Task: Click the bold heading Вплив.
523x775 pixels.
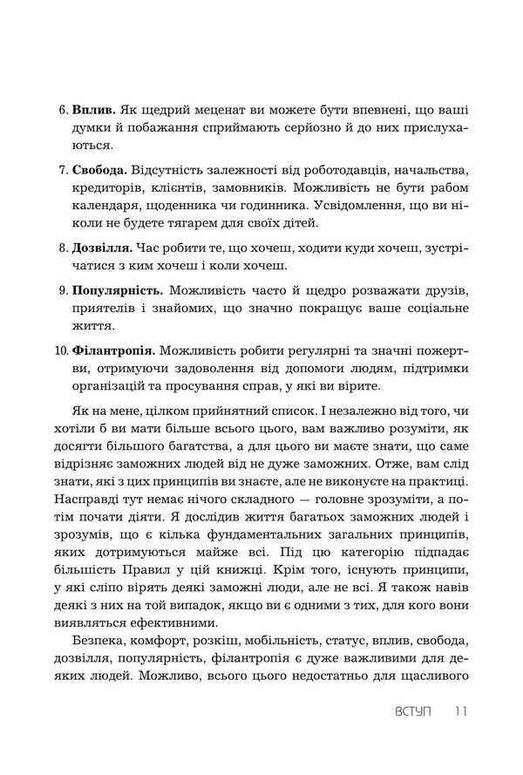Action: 92,112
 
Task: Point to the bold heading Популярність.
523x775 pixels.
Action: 116,289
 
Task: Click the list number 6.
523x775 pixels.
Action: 63,112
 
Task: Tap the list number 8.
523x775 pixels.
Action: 63,248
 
